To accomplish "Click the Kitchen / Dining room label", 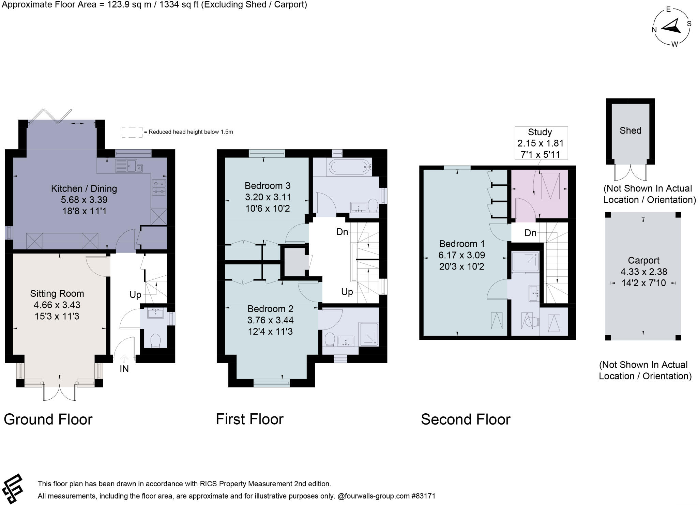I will coord(84,188).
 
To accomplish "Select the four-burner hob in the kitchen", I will coord(159,188).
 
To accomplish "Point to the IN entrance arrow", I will coord(124,359).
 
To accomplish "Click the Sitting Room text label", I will coord(57,293).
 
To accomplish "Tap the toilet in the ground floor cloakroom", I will coord(155,340).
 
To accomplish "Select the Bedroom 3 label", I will coord(268,186).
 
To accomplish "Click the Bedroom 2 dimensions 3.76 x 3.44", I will coord(270,320).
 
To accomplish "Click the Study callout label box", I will coord(541,143).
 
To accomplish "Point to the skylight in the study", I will coord(550,186).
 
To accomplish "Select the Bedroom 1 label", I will coord(462,244).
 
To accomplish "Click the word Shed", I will coord(630,131).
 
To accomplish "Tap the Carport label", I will coord(643,260).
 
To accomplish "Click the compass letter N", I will coord(654,30).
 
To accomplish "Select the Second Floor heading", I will coord(466,419).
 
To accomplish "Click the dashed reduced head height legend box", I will coord(132,132).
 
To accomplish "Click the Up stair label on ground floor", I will coord(135,295).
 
